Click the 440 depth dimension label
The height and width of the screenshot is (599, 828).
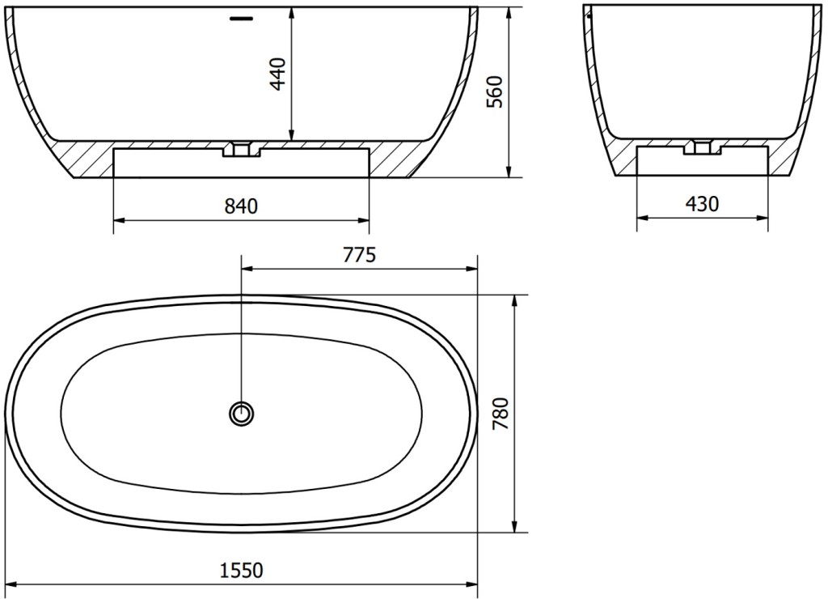click(278, 74)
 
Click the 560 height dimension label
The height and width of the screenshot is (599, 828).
click(495, 92)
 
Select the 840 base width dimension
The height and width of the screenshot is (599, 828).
click(241, 206)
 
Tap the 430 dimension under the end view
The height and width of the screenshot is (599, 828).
click(703, 203)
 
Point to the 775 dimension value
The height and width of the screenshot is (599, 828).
click(360, 255)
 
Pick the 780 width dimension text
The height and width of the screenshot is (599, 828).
click(500, 414)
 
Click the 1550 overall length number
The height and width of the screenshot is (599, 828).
click(241, 571)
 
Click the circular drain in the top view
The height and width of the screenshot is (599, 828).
click(241, 412)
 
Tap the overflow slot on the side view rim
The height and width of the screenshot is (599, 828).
click(242, 19)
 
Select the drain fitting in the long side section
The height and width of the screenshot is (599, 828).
click(241, 149)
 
